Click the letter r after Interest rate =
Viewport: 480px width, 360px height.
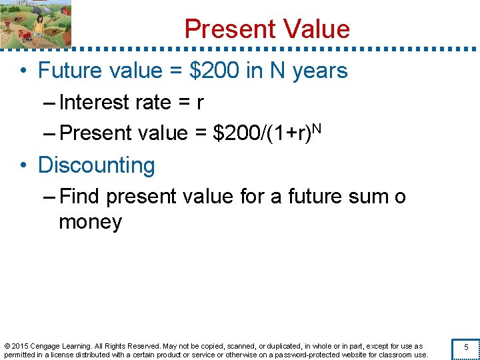point(200,103)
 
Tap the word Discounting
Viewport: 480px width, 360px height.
point(97,165)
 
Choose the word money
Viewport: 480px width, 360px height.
point(90,222)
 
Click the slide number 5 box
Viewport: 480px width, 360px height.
point(466,347)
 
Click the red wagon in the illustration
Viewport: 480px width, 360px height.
point(23,33)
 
